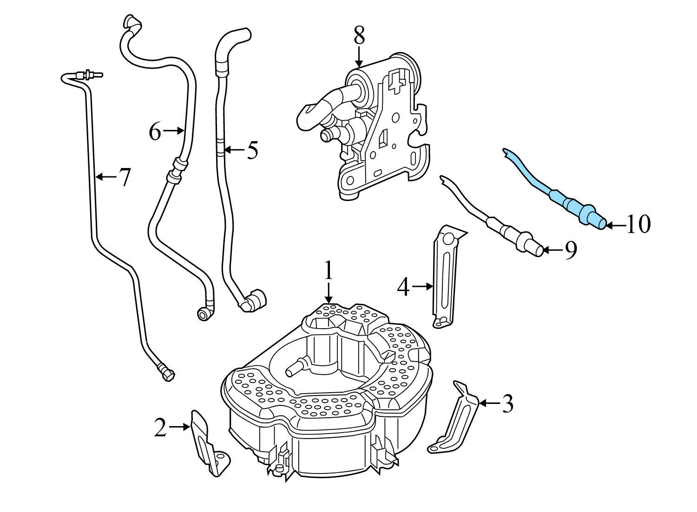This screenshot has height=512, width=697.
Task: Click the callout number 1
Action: pos(329,271)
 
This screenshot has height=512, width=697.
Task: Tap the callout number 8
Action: pos(359,35)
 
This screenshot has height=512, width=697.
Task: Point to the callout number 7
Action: pos(124,177)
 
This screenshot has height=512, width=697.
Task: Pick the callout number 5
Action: pos(252,150)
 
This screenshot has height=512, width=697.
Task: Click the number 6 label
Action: pos(155,132)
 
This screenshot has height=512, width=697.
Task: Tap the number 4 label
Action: pos(403,287)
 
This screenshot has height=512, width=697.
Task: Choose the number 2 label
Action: pos(160,428)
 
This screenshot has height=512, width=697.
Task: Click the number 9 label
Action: pos(571,250)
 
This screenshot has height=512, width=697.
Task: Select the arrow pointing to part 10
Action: pos(616,225)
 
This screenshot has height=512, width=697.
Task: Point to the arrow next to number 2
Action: pos(179,426)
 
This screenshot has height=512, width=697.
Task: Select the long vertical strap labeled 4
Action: pos(445,279)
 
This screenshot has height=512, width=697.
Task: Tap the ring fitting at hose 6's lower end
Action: pos(204,314)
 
